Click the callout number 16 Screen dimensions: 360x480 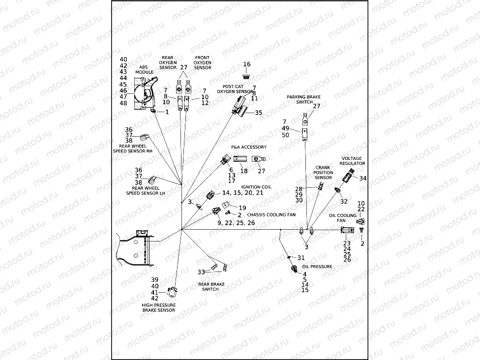pos(247,64)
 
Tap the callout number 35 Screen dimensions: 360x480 pos(258,113)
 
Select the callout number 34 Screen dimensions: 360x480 pos(363,178)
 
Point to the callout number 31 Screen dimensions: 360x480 pos(301,258)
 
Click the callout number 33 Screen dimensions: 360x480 pos(201,272)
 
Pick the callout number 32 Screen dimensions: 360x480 pos(344,201)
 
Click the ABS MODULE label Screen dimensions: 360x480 pos(144,69)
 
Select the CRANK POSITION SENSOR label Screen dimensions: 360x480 pos(323,172)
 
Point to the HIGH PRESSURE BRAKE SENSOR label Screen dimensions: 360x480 pos(158,307)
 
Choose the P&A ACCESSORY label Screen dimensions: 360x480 pos(249,147)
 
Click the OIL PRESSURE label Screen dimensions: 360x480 pos(320,267)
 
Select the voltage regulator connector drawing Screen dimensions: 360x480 pos(350,175)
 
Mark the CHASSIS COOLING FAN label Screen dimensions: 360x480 pos(271,215)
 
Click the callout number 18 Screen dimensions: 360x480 pos(244,171)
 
